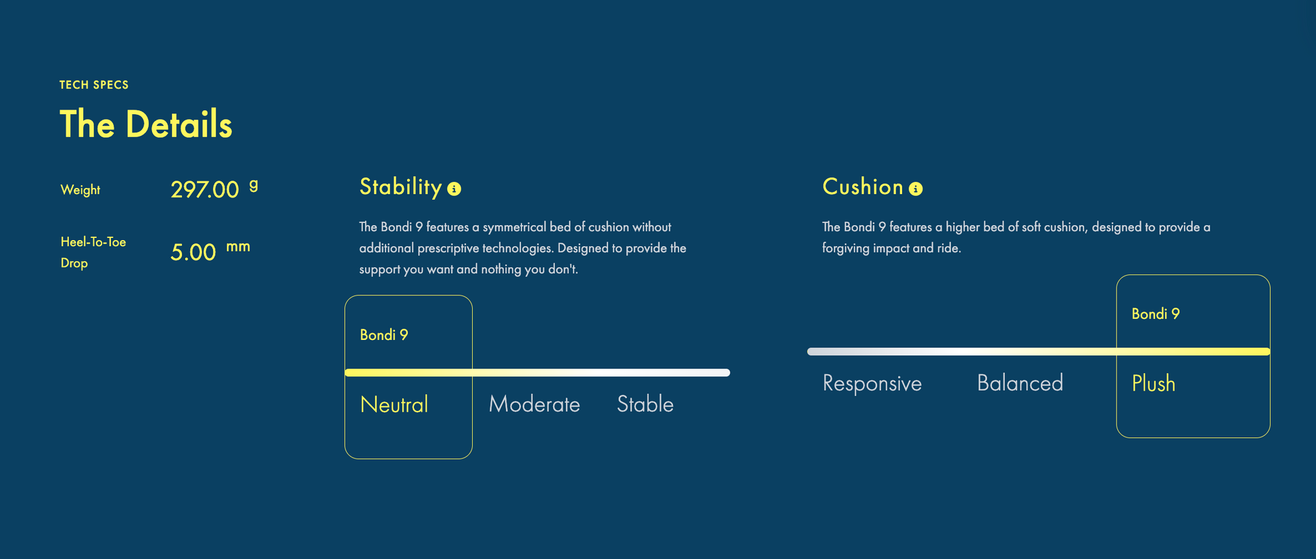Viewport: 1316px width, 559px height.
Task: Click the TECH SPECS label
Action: click(x=94, y=84)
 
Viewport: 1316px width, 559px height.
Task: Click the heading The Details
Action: click(x=146, y=124)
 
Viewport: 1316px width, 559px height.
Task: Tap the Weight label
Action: click(x=80, y=190)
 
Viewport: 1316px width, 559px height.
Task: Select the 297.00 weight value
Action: click(x=204, y=189)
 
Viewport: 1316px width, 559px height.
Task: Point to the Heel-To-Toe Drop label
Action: click(x=93, y=252)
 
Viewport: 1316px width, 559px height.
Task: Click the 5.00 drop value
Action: click(x=193, y=252)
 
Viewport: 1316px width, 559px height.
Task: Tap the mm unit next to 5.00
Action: click(x=238, y=247)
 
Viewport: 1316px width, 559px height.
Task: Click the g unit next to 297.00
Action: click(x=254, y=185)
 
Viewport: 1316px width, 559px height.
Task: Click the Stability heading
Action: click(x=400, y=187)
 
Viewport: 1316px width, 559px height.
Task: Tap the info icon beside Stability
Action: click(x=454, y=189)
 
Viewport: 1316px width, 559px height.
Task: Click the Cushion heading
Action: click(x=863, y=187)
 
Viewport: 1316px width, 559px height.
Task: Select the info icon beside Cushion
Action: click(x=916, y=189)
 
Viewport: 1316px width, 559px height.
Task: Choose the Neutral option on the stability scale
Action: click(x=394, y=404)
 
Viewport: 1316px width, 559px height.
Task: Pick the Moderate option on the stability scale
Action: click(x=534, y=404)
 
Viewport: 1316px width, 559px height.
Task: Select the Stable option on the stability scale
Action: click(x=645, y=404)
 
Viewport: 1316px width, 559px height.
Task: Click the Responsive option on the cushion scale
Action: click(x=872, y=383)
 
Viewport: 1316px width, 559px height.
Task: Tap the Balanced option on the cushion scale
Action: click(x=1020, y=383)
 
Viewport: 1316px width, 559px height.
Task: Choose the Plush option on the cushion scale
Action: click(x=1154, y=383)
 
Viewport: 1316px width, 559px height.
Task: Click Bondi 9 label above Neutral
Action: click(x=384, y=335)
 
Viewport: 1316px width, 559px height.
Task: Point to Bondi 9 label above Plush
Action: click(x=1156, y=314)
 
